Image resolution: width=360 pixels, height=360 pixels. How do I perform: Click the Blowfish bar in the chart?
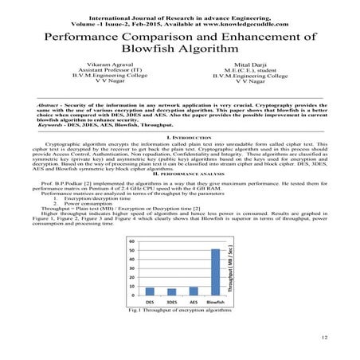[x=213, y=272]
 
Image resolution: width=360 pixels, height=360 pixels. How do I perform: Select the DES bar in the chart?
[x=149, y=292]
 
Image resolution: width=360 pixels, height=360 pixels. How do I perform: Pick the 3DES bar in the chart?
[x=171, y=292]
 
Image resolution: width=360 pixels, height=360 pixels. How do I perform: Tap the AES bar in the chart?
[x=192, y=292]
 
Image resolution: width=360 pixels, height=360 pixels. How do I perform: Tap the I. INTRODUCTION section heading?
[x=180, y=137]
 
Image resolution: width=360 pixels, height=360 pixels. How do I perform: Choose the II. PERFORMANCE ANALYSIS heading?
[x=180, y=172]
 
